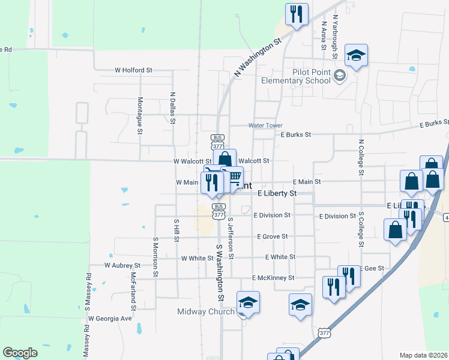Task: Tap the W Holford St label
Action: coord(133,70)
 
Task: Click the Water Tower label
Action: coord(265,125)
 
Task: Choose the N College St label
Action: coord(361,158)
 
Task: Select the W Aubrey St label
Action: coord(122,265)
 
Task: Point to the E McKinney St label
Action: coord(273,278)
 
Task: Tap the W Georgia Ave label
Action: coord(109,319)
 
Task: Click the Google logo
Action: coord(20,353)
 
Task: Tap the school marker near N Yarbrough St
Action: coord(356,56)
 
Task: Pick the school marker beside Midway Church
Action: coord(247,303)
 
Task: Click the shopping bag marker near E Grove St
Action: coord(395,230)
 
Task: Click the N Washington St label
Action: coord(258,58)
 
